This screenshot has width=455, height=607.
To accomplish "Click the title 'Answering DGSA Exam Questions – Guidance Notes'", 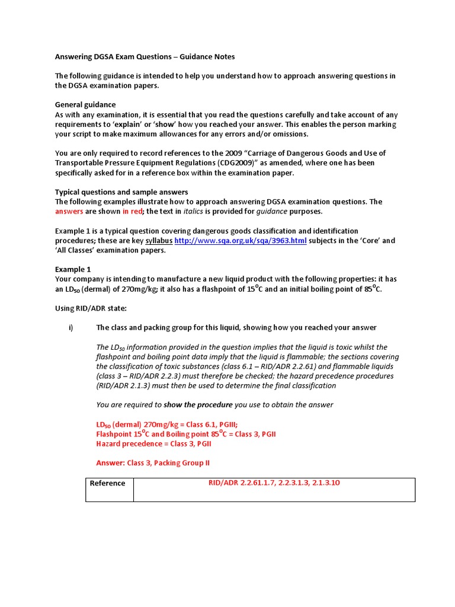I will (x=145, y=57).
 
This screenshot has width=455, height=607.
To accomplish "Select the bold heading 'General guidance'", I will (x=85, y=105).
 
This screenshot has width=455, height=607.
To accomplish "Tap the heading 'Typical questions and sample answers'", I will (x=121, y=192).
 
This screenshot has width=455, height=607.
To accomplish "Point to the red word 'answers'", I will (x=69, y=212).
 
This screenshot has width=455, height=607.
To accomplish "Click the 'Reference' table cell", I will (x=107, y=483).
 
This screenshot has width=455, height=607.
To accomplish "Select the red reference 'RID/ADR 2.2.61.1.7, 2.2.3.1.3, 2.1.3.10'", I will (x=274, y=483).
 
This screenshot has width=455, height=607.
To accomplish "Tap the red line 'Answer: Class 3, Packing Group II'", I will (x=153, y=463).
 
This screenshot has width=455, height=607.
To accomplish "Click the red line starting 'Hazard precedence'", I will (x=153, y=443).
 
